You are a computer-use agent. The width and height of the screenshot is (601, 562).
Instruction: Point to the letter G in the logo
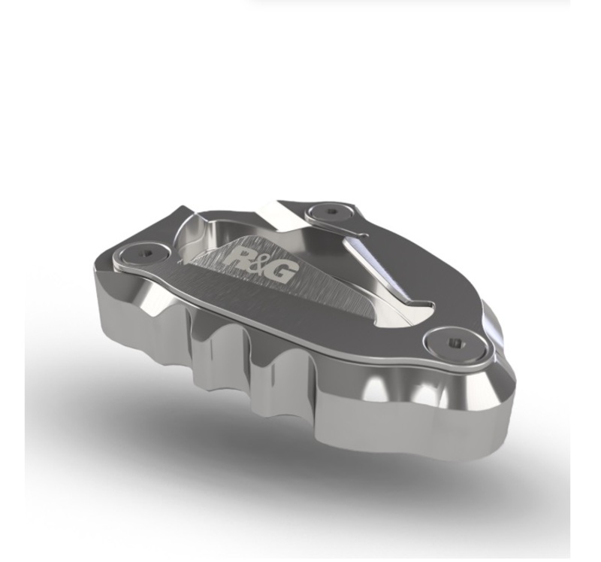(285, 271)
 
